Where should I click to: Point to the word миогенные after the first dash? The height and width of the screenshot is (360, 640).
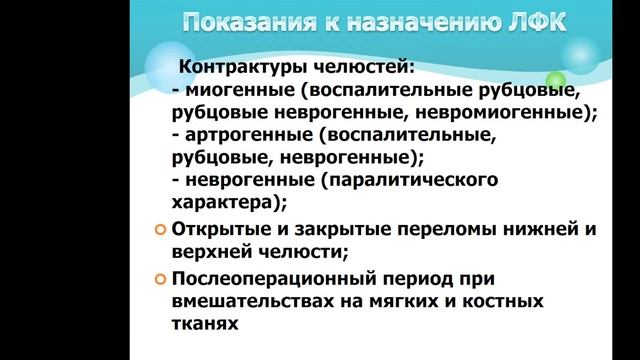pos(231,91)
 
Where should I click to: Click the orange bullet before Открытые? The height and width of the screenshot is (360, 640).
pos(161,230)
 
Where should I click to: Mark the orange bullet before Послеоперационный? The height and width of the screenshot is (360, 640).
pos(161,278)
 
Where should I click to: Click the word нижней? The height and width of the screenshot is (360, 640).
pos(538,229)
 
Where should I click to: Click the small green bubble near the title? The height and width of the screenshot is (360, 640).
pos(556,81)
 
